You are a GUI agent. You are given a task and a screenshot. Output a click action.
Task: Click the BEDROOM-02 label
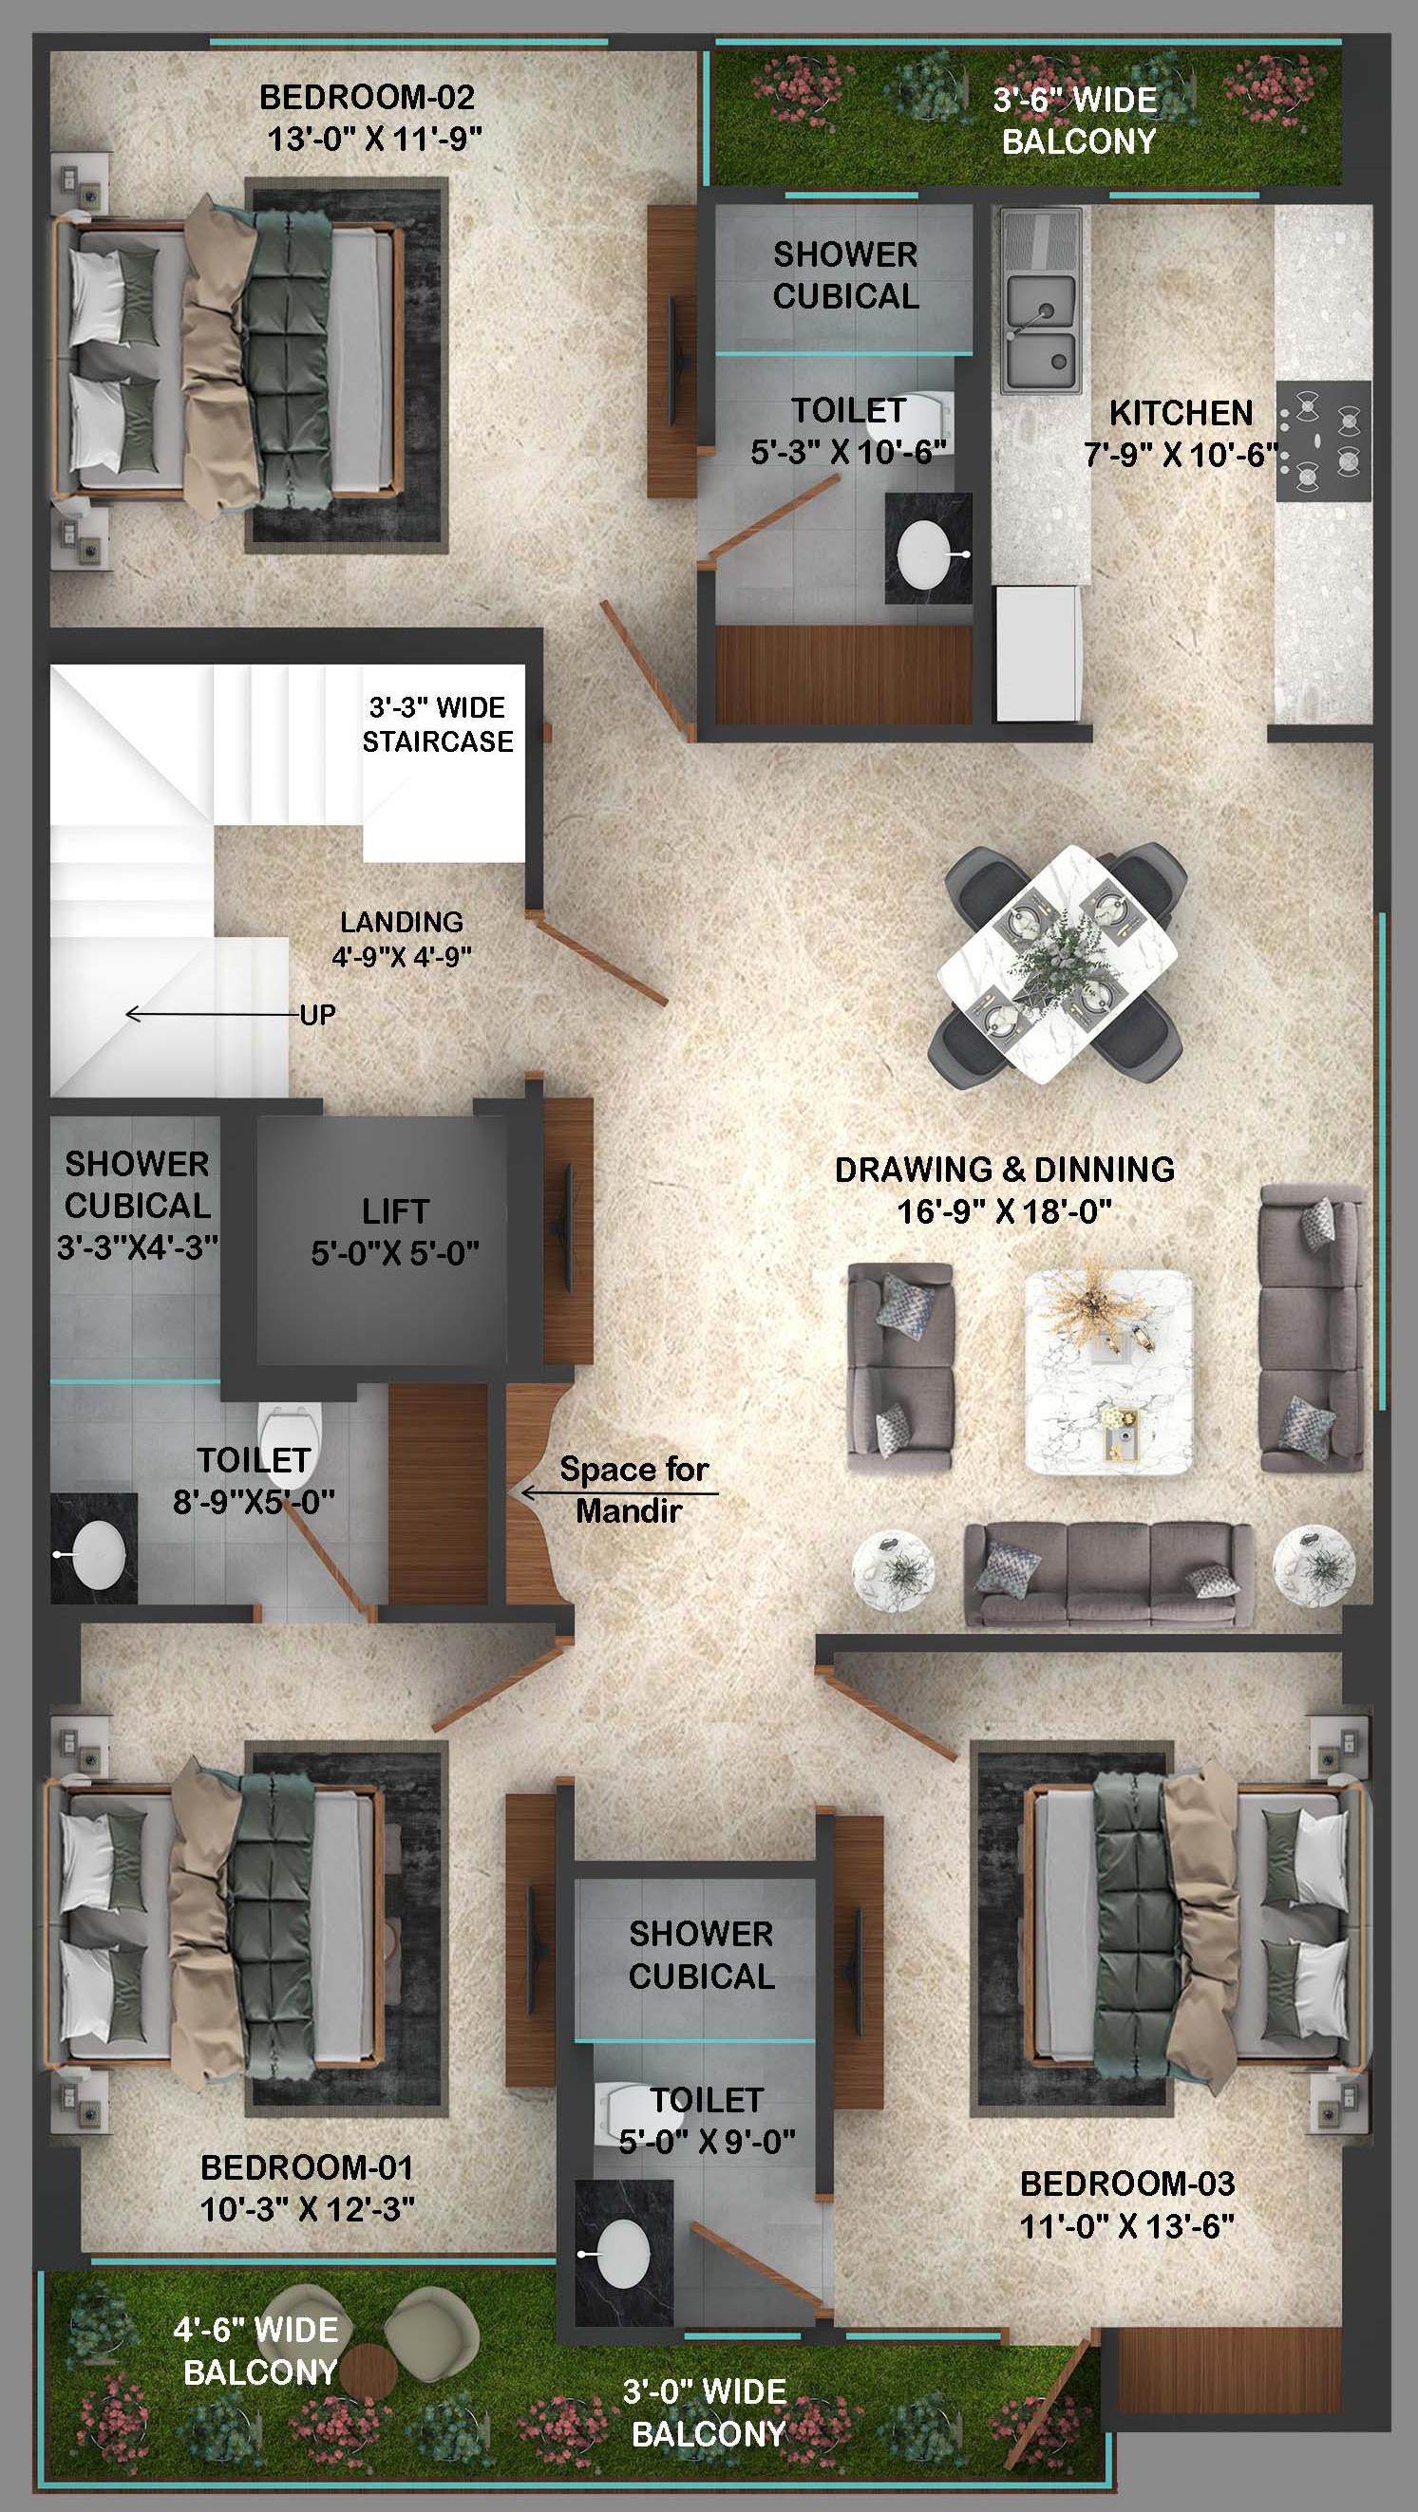[367, 98]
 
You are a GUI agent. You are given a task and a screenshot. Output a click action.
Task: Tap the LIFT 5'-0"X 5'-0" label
[395, 1232]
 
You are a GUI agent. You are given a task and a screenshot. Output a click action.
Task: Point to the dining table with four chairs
[1057, 963]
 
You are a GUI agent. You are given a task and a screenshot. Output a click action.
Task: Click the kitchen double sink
[1042, 332]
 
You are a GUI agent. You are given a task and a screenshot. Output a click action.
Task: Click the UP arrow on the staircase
[213, 1014]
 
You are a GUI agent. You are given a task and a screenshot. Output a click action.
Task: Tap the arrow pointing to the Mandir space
[620, 1493]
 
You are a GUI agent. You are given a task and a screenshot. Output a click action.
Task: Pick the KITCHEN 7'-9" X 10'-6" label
[1180, 433]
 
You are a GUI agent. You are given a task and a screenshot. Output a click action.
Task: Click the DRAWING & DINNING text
[1005, 1170]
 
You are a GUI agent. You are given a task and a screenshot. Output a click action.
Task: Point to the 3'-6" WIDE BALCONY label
[1077, 121]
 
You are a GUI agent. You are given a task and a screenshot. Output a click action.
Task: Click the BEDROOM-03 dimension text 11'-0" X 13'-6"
[1127, 2226]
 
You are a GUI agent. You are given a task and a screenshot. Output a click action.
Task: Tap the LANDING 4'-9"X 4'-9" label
[402, 939]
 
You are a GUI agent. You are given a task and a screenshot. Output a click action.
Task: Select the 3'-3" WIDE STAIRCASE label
[438, 724]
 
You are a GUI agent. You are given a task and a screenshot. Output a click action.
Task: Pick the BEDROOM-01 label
[307, 2167]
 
